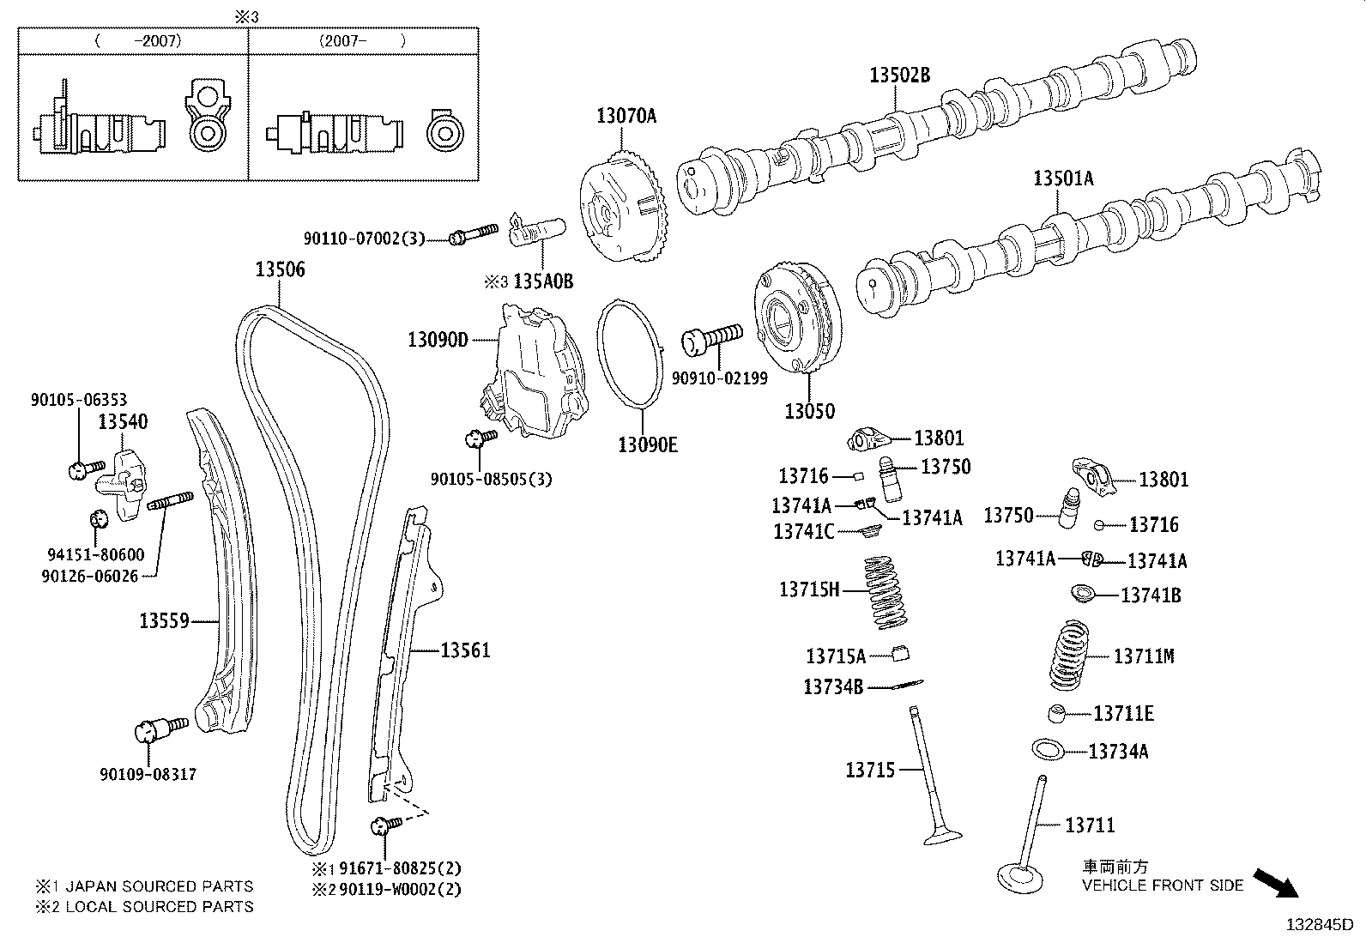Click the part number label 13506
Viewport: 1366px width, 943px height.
click(280, 270)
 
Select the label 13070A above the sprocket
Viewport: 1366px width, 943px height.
click(626, 116)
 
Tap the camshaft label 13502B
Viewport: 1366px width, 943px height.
click(899, 76)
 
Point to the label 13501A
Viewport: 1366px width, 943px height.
click(1063, 179)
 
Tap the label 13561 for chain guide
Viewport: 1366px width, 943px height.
click(465, 651)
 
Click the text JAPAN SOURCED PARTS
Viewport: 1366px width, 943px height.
click(160, 886)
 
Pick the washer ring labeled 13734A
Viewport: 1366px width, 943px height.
click(1049, 749)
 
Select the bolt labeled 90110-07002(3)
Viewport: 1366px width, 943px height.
click(472, 233)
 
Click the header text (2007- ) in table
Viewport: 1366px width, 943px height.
click(361, 40)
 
